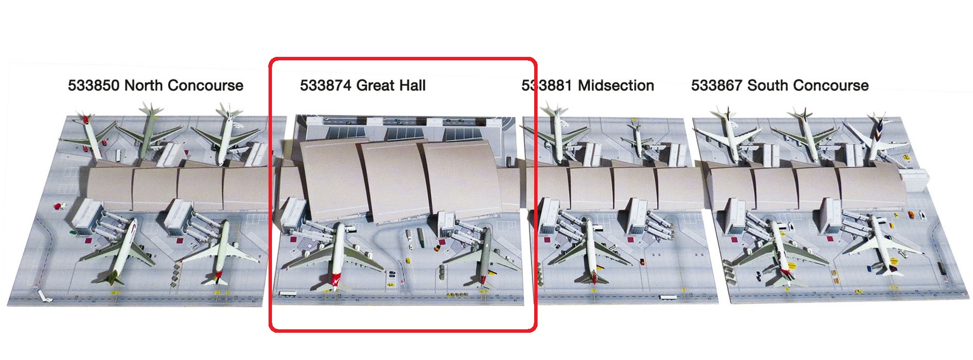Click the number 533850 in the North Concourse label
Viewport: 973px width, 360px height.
(x=93, y=86)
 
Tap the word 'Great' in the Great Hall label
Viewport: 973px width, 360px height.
(x=375, y=86)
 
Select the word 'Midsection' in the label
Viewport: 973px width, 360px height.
(x=616, y=86)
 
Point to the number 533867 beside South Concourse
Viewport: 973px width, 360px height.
(x=717, y=86)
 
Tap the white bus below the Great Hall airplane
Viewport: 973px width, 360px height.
(x=287, y=293)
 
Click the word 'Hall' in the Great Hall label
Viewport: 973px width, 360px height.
(x=412, y=86)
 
